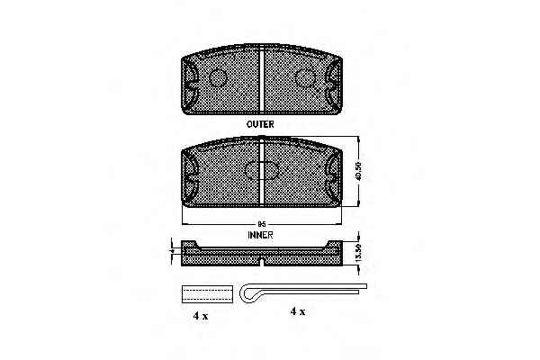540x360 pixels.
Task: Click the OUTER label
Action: (260, 124)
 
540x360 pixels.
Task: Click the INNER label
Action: (260, 235)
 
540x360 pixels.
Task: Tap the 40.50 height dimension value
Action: (358, 171)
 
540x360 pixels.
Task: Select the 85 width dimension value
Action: (262, 224)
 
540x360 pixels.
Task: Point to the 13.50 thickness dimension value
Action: (358, 252)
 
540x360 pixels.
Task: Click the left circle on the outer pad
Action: (218, 77)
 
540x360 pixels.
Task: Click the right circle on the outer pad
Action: (305, 77)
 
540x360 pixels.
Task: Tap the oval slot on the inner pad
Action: (261, 171)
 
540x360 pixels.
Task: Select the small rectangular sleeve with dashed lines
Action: (207, 294)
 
